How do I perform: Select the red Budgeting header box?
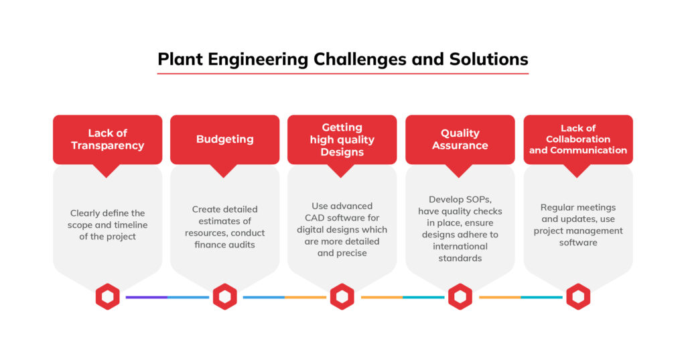point(225,139)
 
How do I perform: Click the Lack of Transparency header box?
point(108,139)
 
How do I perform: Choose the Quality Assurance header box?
point(460,139)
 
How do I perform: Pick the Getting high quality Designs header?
point(342,139)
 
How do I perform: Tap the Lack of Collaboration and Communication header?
point(578,139)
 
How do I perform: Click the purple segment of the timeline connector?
point(147,298)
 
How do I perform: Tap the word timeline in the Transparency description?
point(131,225)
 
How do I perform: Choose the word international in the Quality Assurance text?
point(460,246)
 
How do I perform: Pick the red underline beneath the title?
point(343,73)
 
